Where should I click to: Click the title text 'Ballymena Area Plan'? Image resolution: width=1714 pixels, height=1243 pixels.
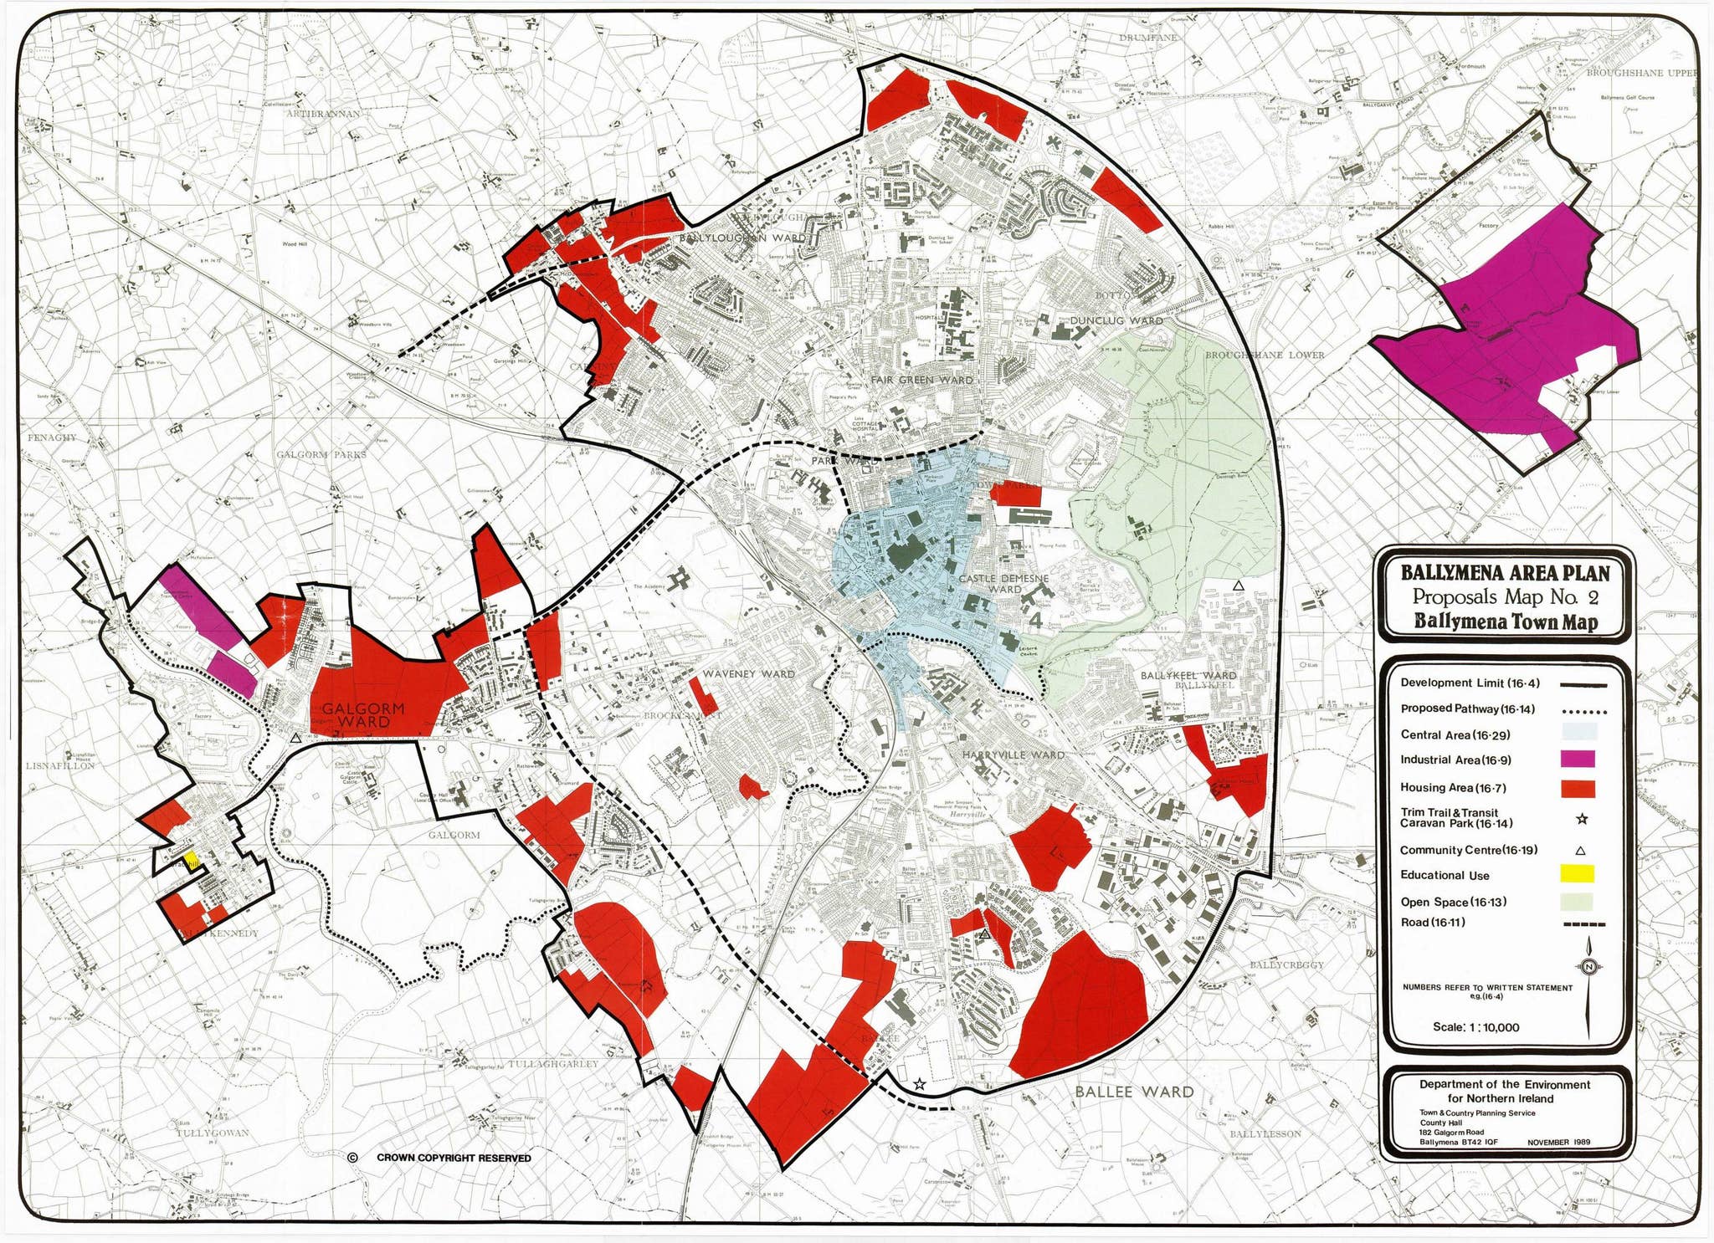[1505, 573]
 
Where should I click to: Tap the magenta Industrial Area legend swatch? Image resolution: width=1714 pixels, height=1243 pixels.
[1577, 760]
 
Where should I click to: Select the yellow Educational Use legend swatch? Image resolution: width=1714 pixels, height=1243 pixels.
[1577, 874]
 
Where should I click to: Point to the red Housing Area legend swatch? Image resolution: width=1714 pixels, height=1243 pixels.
[1577, 788]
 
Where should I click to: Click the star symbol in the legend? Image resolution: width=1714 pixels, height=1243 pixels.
[1581, 820]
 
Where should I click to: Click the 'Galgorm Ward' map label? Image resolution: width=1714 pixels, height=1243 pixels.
[362, 715]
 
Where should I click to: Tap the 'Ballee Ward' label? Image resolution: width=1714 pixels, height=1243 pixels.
[1134, 1092]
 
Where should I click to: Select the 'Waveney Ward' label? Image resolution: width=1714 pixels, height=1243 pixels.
[748, 673]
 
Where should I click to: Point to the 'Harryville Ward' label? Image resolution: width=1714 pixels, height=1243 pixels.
[1013, 754]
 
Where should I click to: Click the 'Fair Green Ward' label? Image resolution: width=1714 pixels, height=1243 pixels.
[921, 380]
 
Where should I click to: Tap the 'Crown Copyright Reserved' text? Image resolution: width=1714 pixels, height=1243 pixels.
[453, 1158]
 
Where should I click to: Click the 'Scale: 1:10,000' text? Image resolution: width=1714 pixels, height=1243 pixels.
[1475, 1027]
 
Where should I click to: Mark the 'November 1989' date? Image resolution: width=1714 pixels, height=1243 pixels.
[1558, 1142]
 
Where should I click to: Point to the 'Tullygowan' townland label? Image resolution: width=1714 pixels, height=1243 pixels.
[212, 1133]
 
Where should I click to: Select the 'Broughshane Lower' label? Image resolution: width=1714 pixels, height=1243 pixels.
[1265, 355]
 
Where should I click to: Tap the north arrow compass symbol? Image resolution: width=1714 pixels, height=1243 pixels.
[1589, 968]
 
